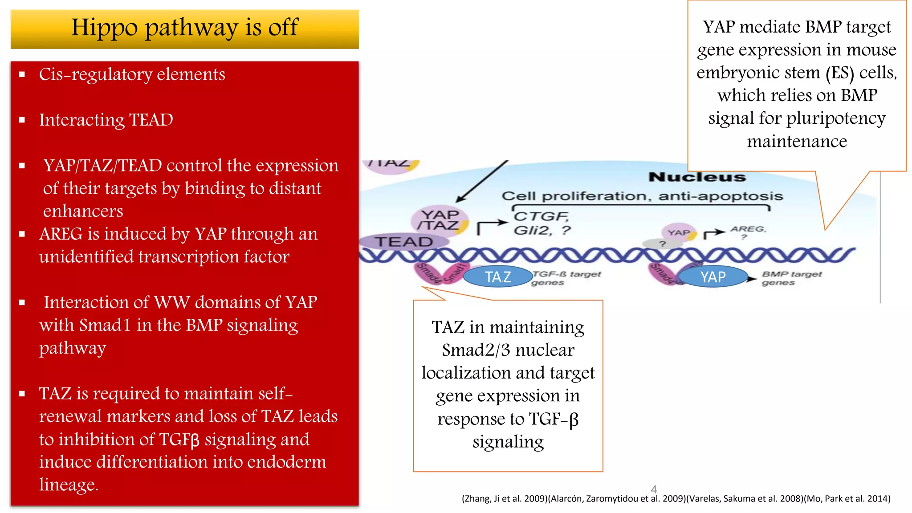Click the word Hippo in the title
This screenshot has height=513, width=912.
click(x=104, y=28)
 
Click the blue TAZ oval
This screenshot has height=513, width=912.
click(x=498, y=277)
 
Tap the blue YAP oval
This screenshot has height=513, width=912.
click(x=713, y=277)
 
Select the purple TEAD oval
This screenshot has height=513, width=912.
click(x=403, y=242)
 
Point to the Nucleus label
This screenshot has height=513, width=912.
click(x=697, y=177)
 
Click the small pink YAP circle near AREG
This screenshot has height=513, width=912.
click(x=679, y=232)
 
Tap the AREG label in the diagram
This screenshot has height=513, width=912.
click(x=748, y=229)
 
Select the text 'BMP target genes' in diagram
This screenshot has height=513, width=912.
click(x=791, y=278)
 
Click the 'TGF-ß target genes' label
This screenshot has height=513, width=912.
click(x=566, y=278)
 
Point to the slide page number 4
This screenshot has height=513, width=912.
click(x=654, y=489)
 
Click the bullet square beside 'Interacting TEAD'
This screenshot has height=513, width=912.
click(x=22, y=120)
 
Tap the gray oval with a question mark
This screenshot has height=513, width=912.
click(x=662, y=244)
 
